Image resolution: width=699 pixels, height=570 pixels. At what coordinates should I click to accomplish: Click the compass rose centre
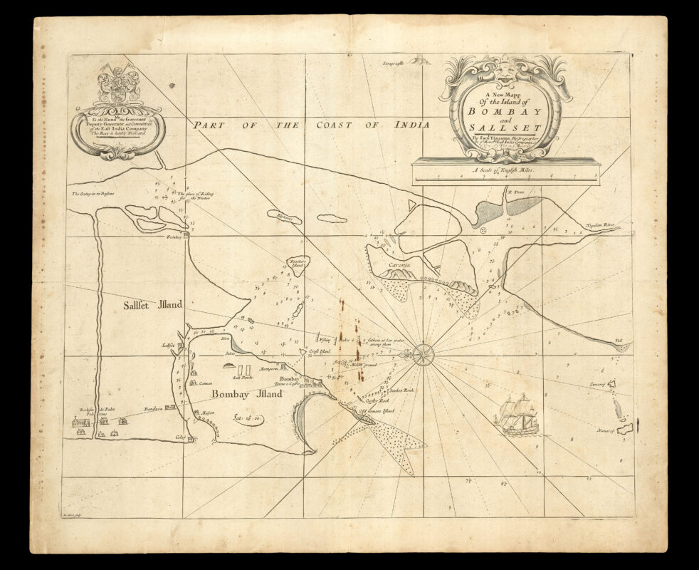424,353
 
